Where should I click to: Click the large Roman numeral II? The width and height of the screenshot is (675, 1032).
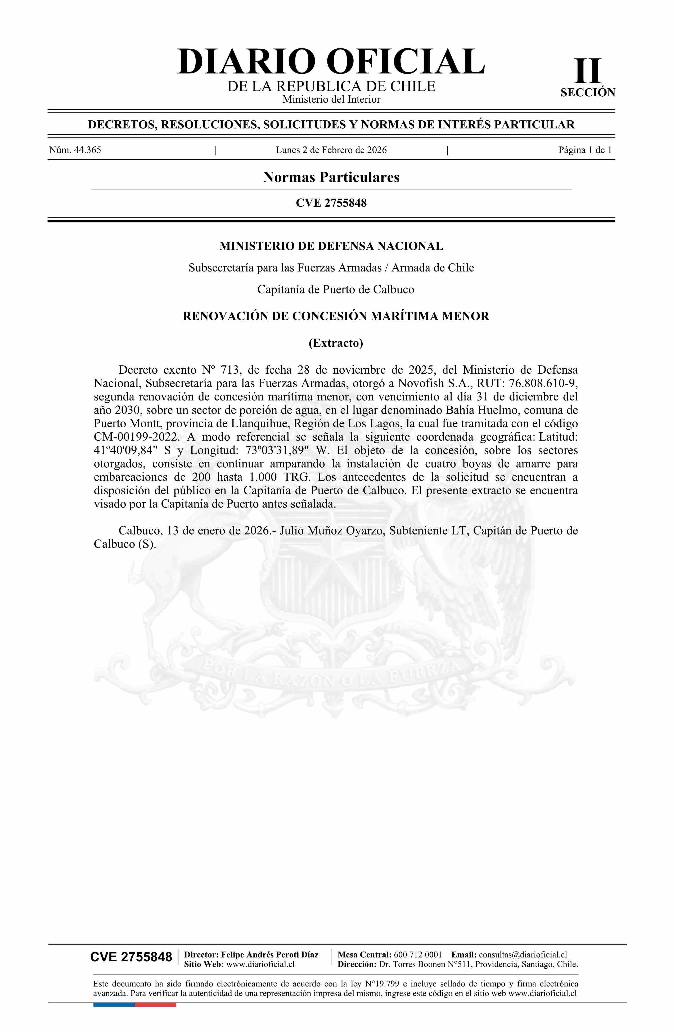coord(588,71)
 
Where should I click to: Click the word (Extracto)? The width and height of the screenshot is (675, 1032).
coord(335,343)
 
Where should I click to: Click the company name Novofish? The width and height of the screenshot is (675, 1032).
coord(413,383)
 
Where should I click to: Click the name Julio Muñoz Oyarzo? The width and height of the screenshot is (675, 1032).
coord(333,531)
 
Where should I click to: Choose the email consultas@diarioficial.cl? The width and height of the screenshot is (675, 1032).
coord(523,954)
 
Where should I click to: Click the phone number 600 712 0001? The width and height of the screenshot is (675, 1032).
coord(418,954)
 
